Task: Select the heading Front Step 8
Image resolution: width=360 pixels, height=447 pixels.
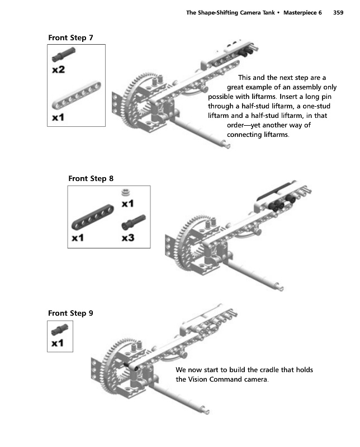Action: click(91, 179)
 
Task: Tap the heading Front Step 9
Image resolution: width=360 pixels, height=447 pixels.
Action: click(70, 313)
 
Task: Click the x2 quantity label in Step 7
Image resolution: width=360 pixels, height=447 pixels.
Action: click(59, 70)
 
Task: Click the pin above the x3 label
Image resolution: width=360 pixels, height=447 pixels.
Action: click(132, 221)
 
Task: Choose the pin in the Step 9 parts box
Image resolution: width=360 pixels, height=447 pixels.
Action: click(59, 331)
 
